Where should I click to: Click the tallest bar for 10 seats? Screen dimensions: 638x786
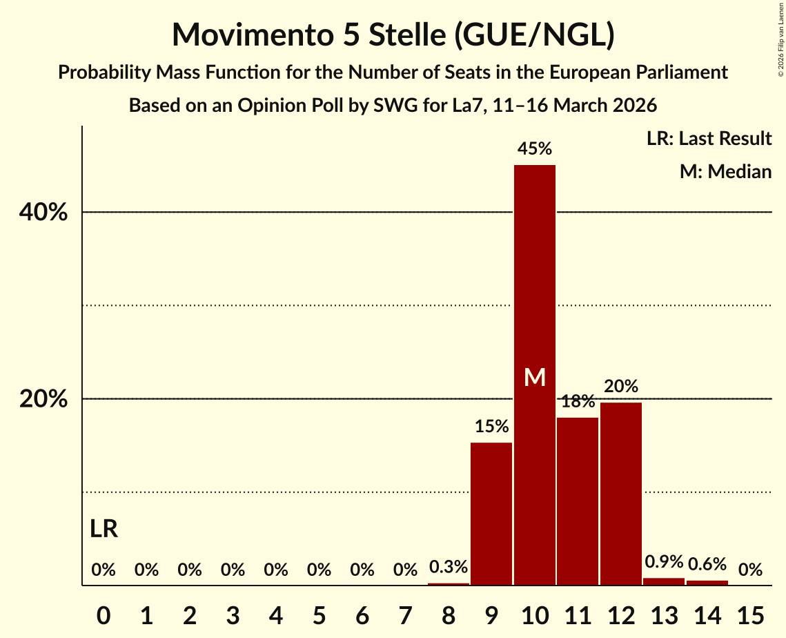534,276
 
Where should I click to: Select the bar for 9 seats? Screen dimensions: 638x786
491,514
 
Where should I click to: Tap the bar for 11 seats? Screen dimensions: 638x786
578,501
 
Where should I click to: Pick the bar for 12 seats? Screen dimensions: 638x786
621,494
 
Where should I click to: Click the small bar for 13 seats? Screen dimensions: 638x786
664,581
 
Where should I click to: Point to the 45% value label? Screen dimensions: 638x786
535,148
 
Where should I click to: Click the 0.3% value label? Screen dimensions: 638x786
449,567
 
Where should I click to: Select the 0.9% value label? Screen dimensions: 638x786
664,561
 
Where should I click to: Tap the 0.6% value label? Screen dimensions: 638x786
707,564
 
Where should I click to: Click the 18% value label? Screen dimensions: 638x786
578,401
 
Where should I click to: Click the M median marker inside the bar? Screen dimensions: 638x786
535,377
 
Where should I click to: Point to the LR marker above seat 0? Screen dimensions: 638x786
104,530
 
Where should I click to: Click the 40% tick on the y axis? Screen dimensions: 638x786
43,213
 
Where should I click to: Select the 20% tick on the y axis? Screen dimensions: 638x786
43,400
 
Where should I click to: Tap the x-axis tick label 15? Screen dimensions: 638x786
751,613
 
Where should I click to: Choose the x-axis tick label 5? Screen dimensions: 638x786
319,613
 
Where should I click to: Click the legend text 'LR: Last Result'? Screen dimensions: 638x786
709,139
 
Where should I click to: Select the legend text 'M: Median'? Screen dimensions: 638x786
725,171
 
